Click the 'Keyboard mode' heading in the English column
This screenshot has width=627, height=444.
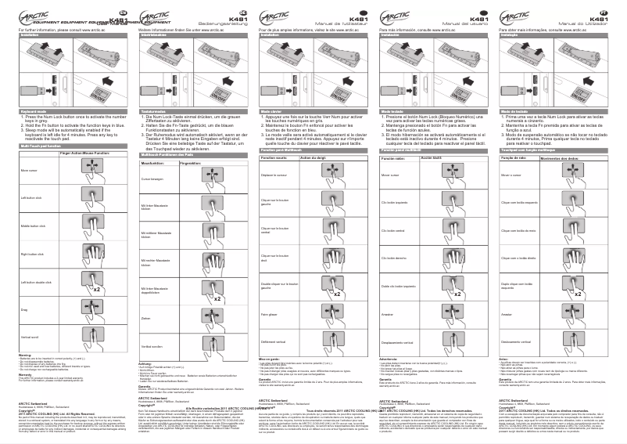pos(29,112)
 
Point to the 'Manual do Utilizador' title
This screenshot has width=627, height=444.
pos(585,24)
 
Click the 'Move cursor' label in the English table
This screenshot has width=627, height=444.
pos(30,170)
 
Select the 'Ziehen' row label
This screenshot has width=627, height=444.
pos(146,317)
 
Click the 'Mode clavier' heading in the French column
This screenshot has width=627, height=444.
pos(271,112)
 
